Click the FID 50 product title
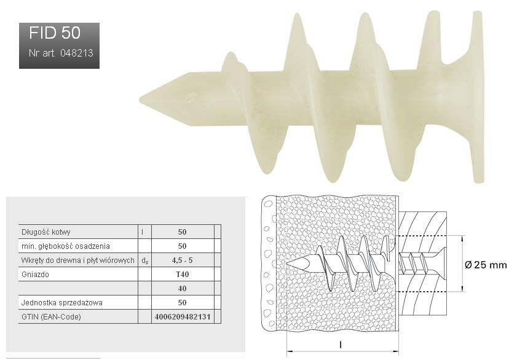(x=55, y=33)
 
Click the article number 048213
(x=77, y=53)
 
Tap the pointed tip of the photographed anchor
(x=141, y=98)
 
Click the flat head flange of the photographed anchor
(x=478, y=97)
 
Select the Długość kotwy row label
(x=46, y=232)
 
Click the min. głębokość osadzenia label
(x=66, y=246)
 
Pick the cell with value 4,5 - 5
(x=182, y=260)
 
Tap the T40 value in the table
(x=183, y=275)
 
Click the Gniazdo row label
(x=35, y=275)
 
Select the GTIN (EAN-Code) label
(x=51, y=317)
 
